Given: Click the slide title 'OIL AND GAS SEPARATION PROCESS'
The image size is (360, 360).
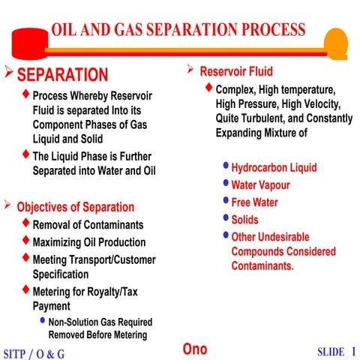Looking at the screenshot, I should [178, 30].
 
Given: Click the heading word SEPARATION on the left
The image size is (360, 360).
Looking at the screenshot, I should [62, 75].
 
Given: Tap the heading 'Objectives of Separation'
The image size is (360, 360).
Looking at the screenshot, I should [76, 207].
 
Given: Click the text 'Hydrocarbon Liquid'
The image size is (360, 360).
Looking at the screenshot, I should [274, 168].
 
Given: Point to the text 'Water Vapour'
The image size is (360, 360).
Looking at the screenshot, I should [260, 185].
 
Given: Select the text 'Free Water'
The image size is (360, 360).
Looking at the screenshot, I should [256, 202].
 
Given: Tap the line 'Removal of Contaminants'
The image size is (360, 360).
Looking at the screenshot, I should [88, 225].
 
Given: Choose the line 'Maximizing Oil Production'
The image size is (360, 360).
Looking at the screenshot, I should [89, 242].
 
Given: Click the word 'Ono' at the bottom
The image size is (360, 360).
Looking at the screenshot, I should [195, 349].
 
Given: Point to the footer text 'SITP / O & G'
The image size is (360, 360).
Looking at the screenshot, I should [34, 352].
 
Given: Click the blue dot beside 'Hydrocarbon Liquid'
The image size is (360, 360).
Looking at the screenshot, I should [226, 166].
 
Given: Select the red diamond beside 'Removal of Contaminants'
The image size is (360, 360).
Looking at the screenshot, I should [27, 223].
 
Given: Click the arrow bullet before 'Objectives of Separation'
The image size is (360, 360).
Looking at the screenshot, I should [7, 205].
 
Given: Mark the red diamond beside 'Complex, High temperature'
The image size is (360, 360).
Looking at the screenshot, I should [208, 88].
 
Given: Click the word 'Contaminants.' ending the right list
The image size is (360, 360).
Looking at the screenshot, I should [262, 266].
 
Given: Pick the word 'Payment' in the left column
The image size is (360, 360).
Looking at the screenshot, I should [52, 307].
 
